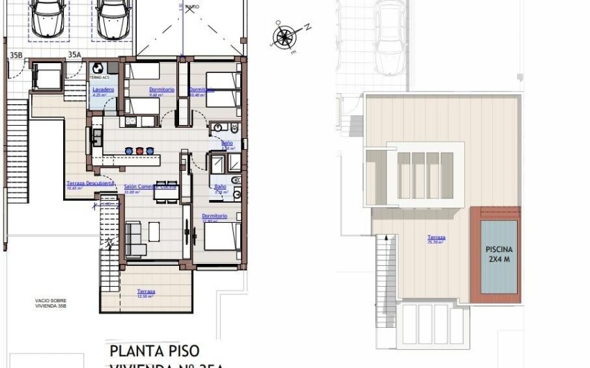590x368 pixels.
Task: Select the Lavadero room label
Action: point(103,90)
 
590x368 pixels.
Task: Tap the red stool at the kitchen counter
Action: point(140,150)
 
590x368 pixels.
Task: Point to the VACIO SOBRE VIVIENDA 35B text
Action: point(54,303)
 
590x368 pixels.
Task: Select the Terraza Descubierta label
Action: point(85,183)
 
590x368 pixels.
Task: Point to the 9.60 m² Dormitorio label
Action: point(161,90)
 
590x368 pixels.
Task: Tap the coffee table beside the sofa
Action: point(153,231)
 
